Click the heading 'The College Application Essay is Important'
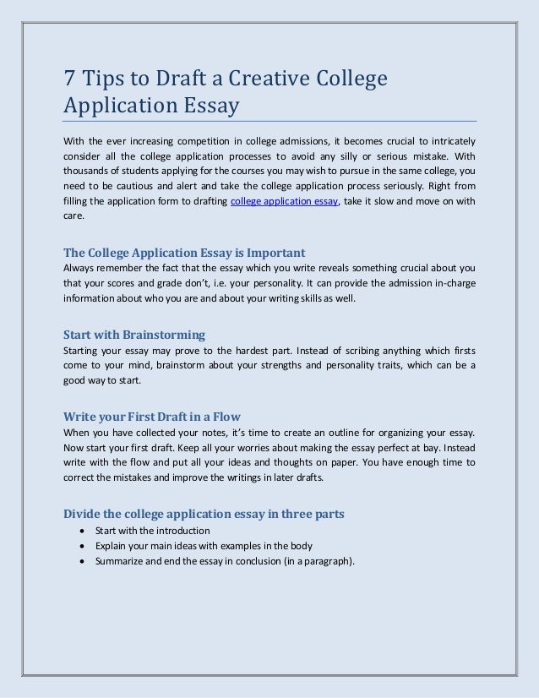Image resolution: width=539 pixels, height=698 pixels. (184, 253)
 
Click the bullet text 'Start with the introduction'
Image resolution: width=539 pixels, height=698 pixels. (152, 531)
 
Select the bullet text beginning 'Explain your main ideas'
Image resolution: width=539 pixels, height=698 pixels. (204, 545)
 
